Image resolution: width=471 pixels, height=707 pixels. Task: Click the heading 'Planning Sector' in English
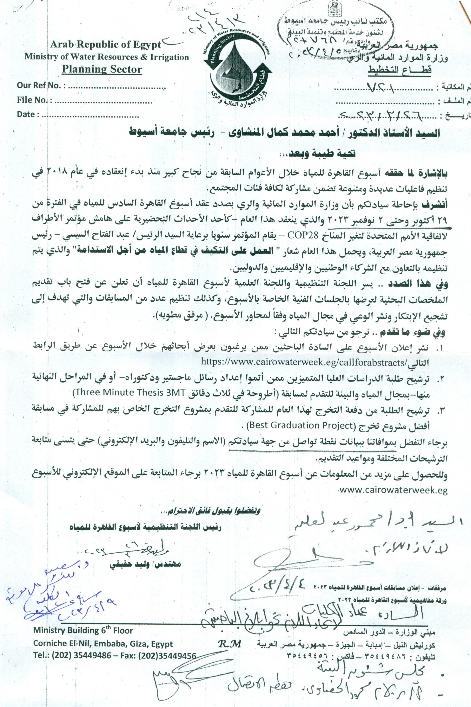[102, 69]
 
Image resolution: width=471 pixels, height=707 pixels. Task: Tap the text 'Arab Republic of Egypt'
[105, 45]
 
